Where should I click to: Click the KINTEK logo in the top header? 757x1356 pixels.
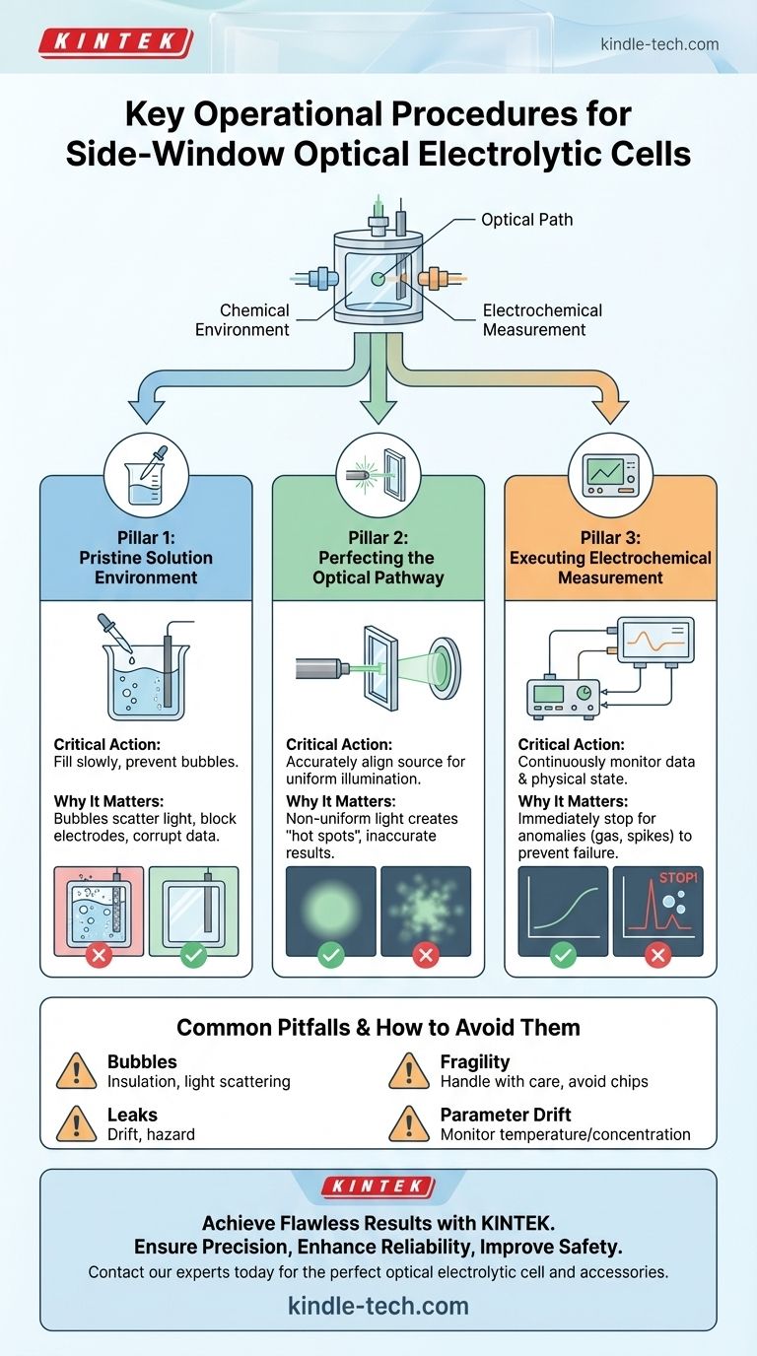(115, 42)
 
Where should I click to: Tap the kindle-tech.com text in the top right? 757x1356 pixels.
(658, 44)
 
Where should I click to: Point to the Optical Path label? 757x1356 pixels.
(527, 220)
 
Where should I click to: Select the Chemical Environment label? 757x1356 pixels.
(242, 319)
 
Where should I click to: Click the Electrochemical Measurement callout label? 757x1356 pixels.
(542, 319)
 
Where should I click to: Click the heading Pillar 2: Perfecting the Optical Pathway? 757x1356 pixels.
(378, 558)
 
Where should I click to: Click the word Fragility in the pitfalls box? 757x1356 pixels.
(475, 1061)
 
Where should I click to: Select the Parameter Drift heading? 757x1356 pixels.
(506, 1115)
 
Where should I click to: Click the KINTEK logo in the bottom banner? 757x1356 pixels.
(378, 1186)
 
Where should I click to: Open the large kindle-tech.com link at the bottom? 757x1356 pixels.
(378, 1306)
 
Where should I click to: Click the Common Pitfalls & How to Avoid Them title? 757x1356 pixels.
(378, 1028)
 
